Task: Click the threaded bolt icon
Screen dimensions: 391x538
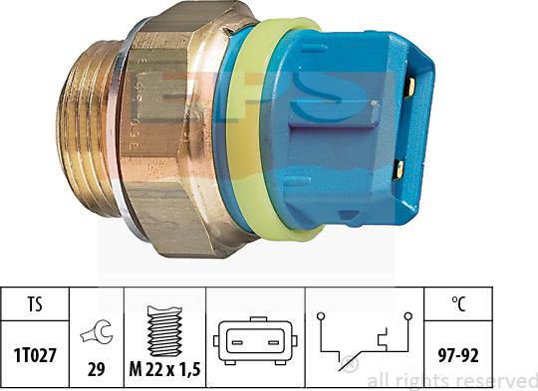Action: (x=164, y=318)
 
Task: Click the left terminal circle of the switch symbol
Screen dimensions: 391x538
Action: (x=321, y=318)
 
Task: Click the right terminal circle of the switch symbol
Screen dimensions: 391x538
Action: (x=408, y=318)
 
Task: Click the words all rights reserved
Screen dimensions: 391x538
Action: (x=452, y=380)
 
